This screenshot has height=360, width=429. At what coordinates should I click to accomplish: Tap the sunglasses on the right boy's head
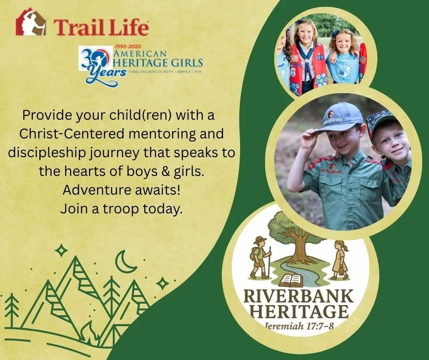point(380,116)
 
